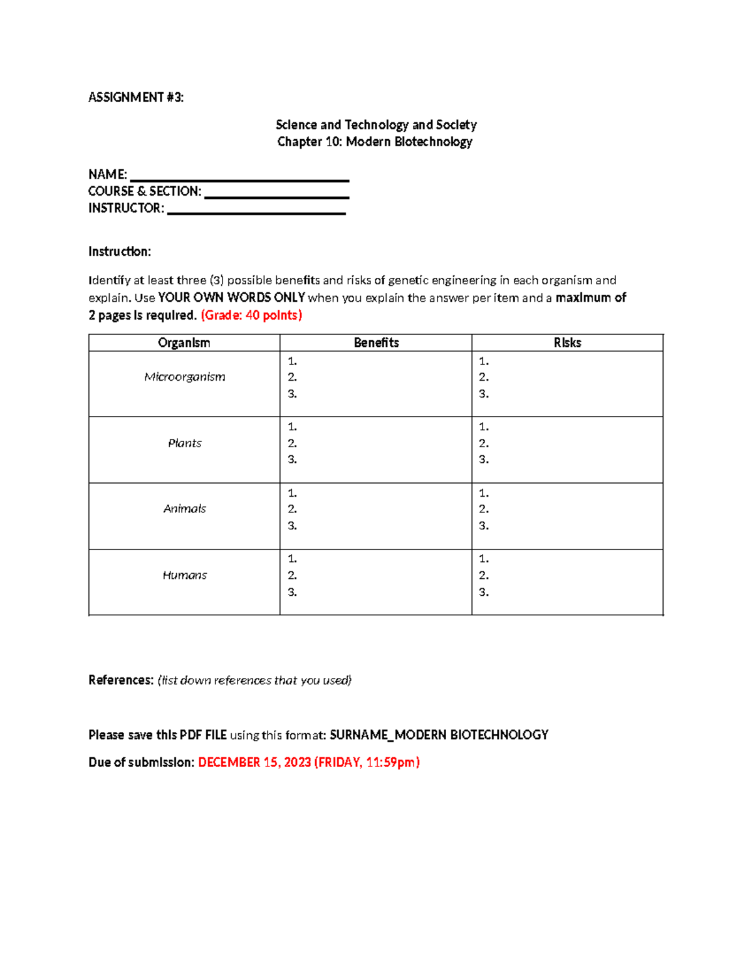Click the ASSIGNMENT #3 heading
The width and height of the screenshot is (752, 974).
[x=136, y=97]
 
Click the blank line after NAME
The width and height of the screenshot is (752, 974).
[x=239, y=179]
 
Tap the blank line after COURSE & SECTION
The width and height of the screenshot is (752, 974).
[x=276, y=196]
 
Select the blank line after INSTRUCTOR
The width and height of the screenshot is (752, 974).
[x=256, y=213]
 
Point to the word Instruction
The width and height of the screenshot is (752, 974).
[x=119, y=251]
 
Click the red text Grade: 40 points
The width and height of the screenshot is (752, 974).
[x=251, y=315]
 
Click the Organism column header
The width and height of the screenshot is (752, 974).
[x=184, y=342]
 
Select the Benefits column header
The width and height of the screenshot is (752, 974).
[x=376, y=342]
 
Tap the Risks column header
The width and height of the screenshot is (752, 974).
[x=567, y=342]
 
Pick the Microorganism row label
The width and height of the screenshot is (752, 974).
[x=184, y=377]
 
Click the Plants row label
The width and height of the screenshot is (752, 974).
[x=184, y=443]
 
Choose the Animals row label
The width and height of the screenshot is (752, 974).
[x=184, y=509]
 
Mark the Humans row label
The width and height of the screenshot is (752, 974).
[x=184, y=575]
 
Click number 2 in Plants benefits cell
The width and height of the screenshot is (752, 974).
[x=292, y=443]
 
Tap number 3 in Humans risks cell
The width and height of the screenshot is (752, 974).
[x=483, y=592]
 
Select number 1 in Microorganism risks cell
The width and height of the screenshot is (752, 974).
[x=483, y=361]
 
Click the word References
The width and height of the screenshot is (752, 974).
[x=120, y=680]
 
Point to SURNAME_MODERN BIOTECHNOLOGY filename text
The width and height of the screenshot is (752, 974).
[x=439, y=734]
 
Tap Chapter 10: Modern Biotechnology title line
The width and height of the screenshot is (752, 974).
[x=375, y=142]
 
